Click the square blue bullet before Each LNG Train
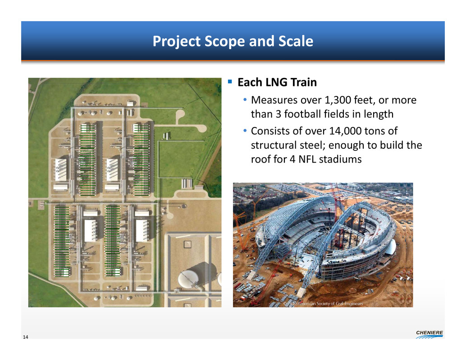pyautogui.click(x=230, y=82)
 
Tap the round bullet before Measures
pyautogui.click(x=245, y=100)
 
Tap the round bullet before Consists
pyautogui.click(x=245, y=130)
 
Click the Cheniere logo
pyautogui.click(x=429, y=334)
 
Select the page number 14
pyautogui.click(x=26, y=337)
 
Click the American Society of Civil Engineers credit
pyautogui.click(x=323, y=304)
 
